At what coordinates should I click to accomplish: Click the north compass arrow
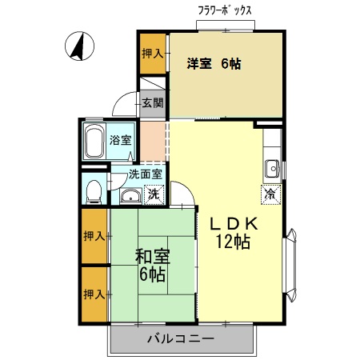pyautogui.click(x=78, y=46)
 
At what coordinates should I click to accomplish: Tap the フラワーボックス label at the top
pyautogui.click(x=225, y=11)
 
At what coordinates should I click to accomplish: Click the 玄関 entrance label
pyautogui.click(x=152, y=102)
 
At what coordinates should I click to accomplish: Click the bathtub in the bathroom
pyautogui.click(x=94, y=143)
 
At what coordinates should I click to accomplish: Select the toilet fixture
pyautogui.click(x=94, y=189)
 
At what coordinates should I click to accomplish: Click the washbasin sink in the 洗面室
pyautogui.click(x=130, y=196)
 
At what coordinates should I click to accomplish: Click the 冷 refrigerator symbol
pyautogui.click(x=270, y=192)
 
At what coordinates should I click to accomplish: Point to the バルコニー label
pyautogui.click(x=180, y=338)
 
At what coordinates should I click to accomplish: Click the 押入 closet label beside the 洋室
pyautogui.click(x=152, y=54)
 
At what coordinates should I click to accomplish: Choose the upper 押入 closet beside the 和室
pyautogui.click(x=94, y=236)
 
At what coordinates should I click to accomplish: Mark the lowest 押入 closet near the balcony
pyautogui.click(x=94, y=294)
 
